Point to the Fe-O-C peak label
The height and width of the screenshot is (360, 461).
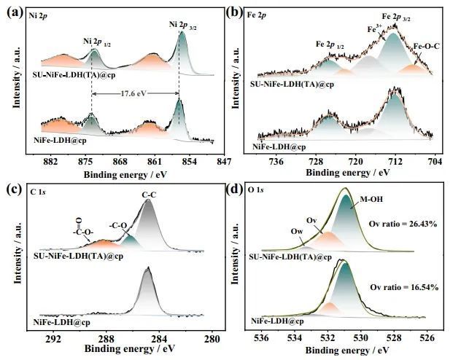pos(426,47)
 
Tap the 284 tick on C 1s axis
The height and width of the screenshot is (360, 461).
pos(159,339)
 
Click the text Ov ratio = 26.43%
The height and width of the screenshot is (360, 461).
pos(403,223)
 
